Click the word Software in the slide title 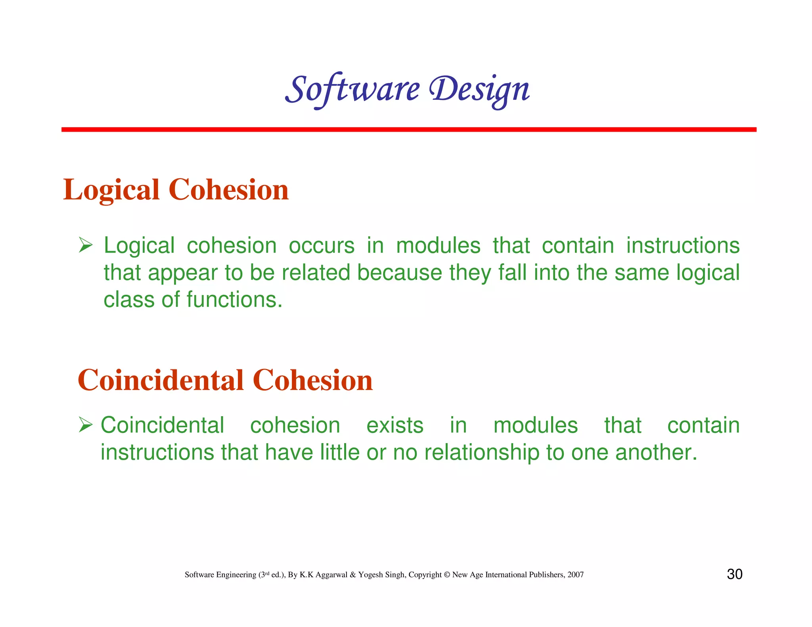click(352, 89)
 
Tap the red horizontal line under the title click(408, 130)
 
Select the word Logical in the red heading click(111, 190)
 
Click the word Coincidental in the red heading click(161, 380)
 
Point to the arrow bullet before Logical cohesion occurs click(85, 245)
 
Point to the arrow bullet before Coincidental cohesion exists click(85, 425)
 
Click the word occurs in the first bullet click(322, 246)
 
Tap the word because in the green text click(399, 273)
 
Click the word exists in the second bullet click(395, 426)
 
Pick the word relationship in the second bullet click(482, 453)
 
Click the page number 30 click(734, 574)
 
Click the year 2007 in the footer click(575, 575)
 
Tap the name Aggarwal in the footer click(331, 575)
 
